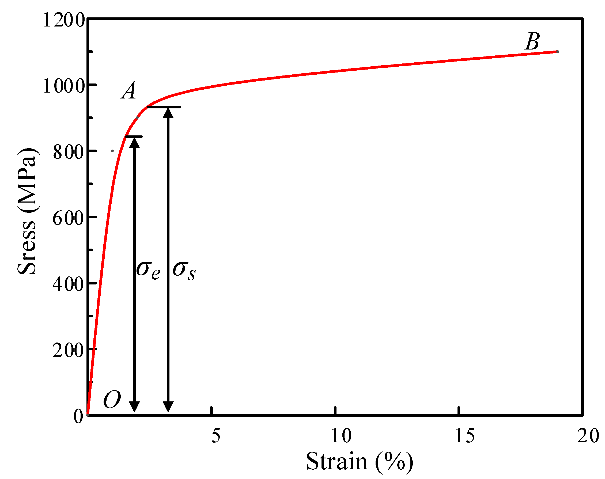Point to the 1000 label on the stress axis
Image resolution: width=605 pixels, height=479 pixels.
tap(64, 86)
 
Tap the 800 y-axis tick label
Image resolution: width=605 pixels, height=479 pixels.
tap(69, 153)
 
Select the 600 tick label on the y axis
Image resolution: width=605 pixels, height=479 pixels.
tap(69, 218)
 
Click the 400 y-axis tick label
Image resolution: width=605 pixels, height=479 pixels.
tap(69, 284)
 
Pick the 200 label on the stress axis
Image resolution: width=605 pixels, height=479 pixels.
tap(69, 350)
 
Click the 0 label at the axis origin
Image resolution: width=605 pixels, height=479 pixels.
tap(78, 416)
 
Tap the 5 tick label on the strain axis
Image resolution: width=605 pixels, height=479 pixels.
tap(216, 436)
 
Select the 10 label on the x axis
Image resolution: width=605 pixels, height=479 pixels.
tap(341, 436)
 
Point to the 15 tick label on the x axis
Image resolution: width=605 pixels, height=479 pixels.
tap(465, 436)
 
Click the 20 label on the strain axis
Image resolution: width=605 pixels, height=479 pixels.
tap(588, 436)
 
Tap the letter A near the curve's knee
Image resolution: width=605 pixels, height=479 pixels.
tap(129, 91)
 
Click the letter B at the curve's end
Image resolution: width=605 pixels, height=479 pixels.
tap(532, 41)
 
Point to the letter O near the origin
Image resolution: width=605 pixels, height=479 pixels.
tap(112, 400)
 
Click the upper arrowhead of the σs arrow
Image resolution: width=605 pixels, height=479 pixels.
tap(168, 113)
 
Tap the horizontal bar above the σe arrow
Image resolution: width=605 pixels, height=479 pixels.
tap(134, 137)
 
